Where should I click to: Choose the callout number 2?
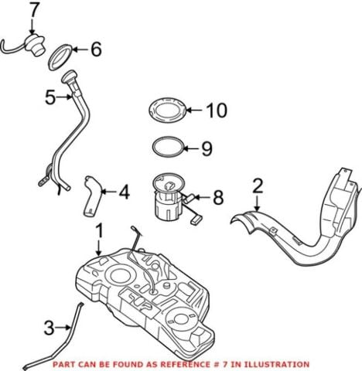pos(258,185)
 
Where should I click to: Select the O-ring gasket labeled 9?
pos(168,146)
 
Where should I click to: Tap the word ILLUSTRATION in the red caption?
pos(275,363)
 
